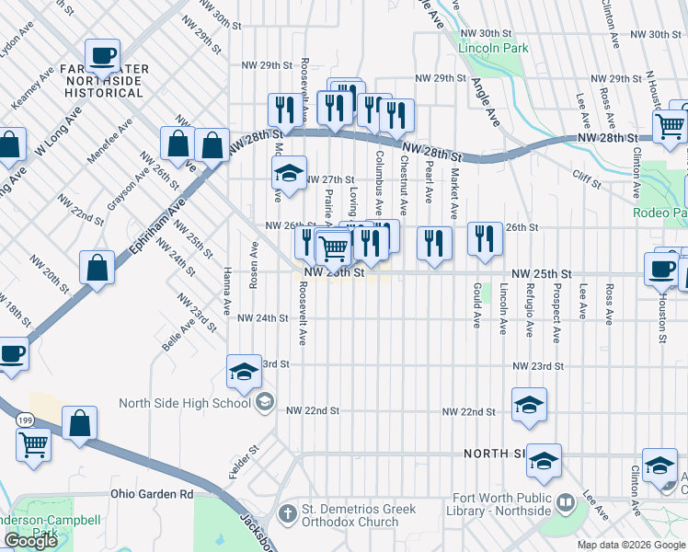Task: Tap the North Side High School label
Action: click(x=185, y=403)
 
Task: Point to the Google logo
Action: click(x=30, y=541)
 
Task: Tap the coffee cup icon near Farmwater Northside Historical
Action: click(x=102, y=56)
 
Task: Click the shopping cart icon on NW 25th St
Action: click(x=334, y=247)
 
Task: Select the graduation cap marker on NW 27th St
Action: click(x=289, y=173)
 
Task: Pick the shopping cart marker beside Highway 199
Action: click(x=34, y=445)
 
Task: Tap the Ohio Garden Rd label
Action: click(x=152, y=494)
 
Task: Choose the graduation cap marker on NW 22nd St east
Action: click(x=529, y=405)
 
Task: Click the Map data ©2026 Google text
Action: click(x=630, y=545)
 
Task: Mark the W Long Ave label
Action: click(x=57, y=132)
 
